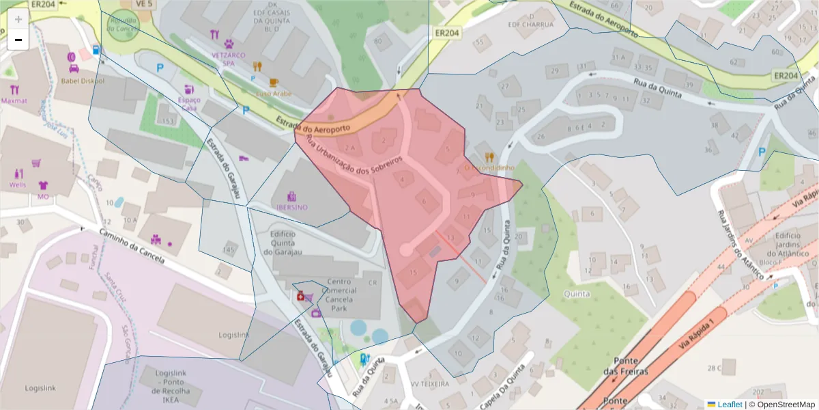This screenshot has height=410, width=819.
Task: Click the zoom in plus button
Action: click(18, 20)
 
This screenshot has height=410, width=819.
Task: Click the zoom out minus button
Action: click(18, 40)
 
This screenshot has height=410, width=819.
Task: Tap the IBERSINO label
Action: click(291, 207)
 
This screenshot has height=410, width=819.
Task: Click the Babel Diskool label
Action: click(83, 81)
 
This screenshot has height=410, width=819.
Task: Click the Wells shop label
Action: click(18, 184)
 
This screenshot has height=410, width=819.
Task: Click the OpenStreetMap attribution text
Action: click(781, 404)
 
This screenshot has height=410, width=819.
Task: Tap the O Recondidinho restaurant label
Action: click(489, 167)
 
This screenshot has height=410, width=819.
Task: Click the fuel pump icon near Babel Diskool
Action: click(96, 50)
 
